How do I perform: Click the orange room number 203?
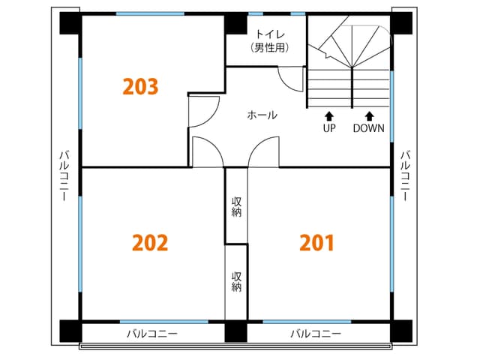pyautogui.click(x=140, y=87)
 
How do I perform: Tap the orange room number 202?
pyautogui.click(x=150, y=243)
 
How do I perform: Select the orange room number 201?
pyautogui.click(x=316, y=243)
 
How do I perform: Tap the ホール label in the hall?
pyautogui.click(x=262, y=115)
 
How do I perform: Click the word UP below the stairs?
pyautogui.click(x=328, y=128)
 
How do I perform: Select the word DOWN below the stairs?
pyautogui.click(x=369, y=128)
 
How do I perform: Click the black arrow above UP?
pyautogui.click(x=328, y=115)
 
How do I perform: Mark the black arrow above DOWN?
pyautogui.click(x=369, y=115)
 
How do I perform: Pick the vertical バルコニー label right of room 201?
pyautogui.click(x=405, y=176)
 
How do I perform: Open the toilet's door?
pyautogui.click(x=290, y=79)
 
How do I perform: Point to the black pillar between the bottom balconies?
pyautogui.click(x=235, y=331)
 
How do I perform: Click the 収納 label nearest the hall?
pyautogui.click(x=236, y=206)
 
